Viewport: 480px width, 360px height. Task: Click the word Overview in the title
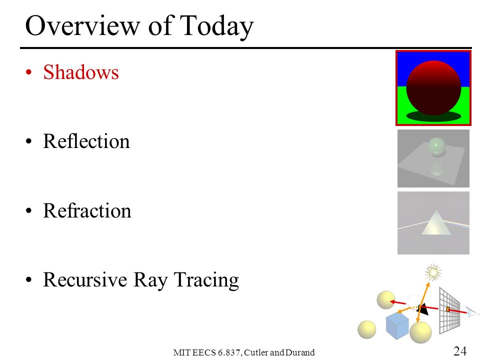(82, 25)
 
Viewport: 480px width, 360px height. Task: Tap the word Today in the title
(216, 27)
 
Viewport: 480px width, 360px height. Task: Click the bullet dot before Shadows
(29, 72)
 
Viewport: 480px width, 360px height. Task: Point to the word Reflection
(86, 141)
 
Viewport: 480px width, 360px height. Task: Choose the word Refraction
(87, 210)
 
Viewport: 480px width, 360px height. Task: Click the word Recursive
(85, 279)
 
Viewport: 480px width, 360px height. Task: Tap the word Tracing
(206, 280)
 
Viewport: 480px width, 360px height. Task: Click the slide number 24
(460, 351)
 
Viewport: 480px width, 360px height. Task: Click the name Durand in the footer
(300, 352)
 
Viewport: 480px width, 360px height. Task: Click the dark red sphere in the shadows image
(433, 88)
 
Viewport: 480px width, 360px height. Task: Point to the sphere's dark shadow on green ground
(433, 116)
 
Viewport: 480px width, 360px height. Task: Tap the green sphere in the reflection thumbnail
(436, 146)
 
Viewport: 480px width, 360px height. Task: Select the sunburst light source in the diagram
(433, 272)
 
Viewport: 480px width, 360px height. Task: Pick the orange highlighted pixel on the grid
(448, 309)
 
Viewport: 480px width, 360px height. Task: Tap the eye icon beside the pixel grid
(471, 312)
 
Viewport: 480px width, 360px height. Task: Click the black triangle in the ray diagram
(423, 309)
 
